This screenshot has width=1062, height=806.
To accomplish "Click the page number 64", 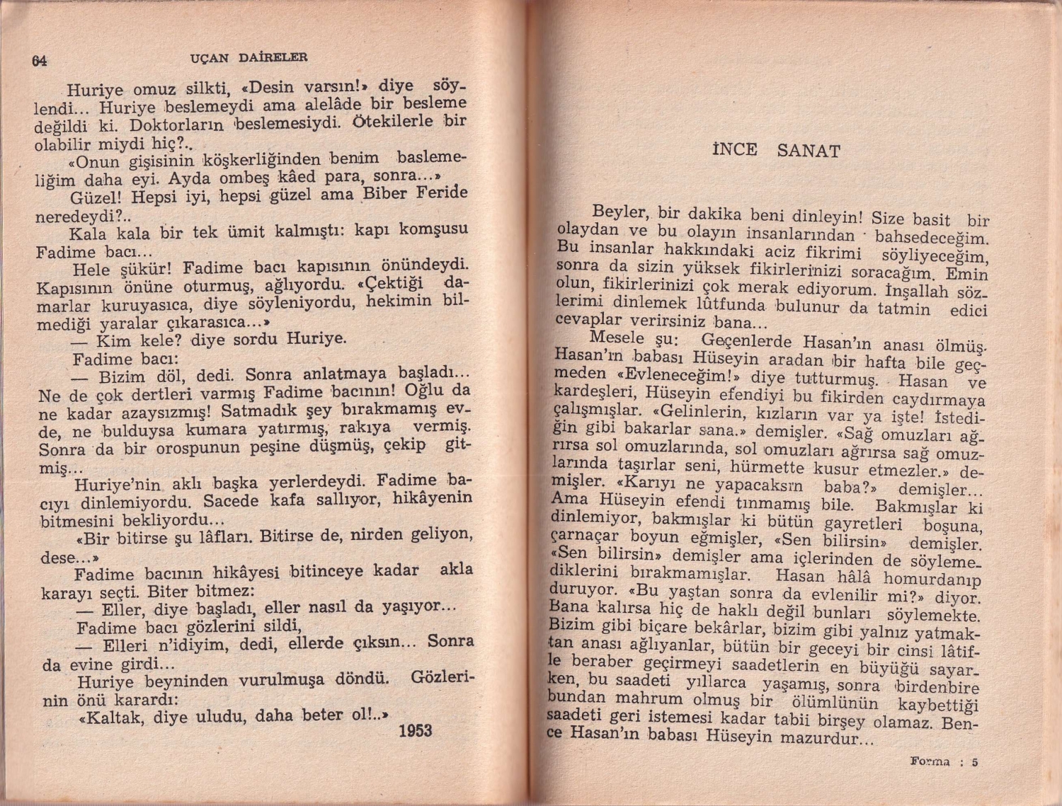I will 39,61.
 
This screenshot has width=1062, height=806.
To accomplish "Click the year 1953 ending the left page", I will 415,730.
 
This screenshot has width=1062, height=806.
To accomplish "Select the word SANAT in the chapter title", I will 808,151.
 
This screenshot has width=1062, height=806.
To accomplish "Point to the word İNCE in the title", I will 734,149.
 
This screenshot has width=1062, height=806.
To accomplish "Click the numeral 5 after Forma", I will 974,762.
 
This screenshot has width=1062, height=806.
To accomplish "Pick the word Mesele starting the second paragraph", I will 617,338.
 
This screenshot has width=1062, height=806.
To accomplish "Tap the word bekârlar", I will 729,629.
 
